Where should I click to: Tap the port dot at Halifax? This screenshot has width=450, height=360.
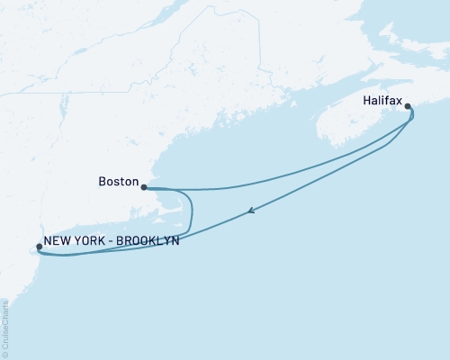click(409, 107)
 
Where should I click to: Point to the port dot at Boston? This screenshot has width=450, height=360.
click(144, 187)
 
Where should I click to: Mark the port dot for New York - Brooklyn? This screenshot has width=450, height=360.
click(38, 247)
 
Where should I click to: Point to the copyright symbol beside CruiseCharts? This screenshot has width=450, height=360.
click(5, 354)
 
